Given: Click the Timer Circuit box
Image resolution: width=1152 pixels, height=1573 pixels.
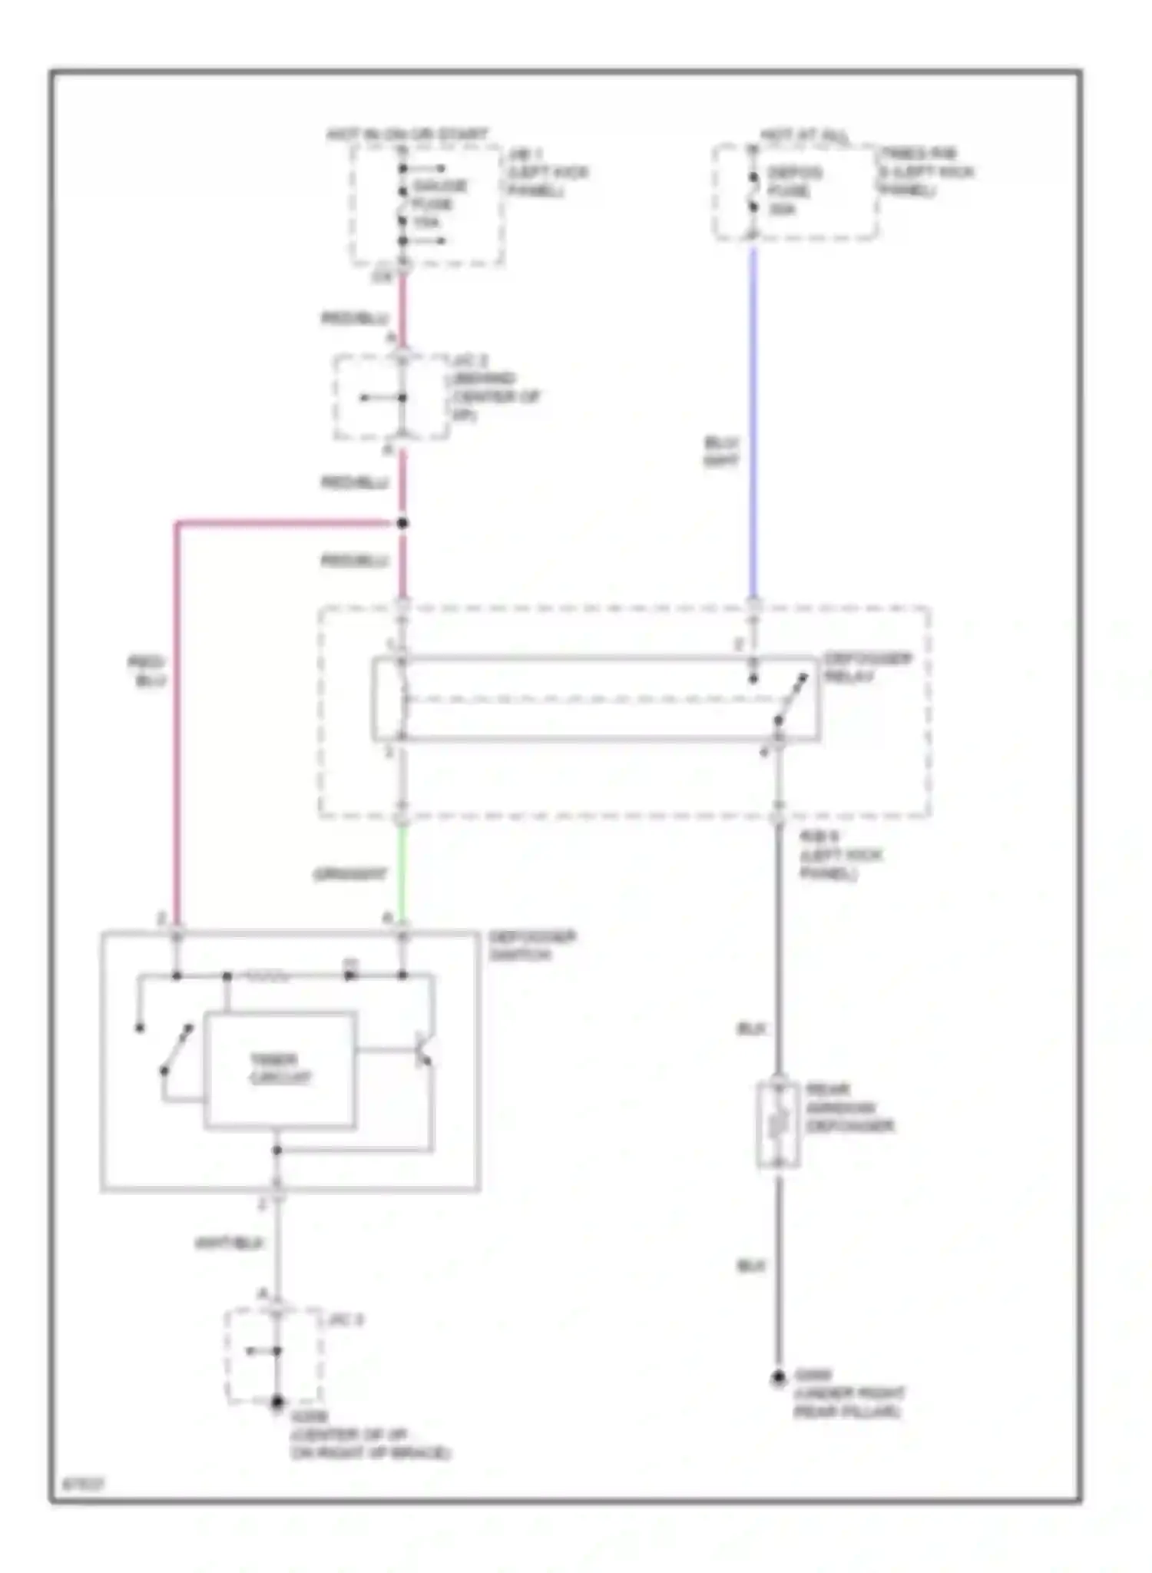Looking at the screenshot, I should click(x=280, y=1069).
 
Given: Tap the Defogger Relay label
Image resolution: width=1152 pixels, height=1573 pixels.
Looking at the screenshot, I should click(x=867, y=667).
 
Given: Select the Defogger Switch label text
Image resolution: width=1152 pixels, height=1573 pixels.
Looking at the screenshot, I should click(x=531, y=945).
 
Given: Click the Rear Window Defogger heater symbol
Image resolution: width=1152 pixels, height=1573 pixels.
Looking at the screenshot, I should click(x=777, y=1124).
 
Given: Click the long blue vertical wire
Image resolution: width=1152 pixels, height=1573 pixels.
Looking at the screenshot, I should click(x=753, y=422).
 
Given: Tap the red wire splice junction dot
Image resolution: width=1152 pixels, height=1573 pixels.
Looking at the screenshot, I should click(x=402, y=524).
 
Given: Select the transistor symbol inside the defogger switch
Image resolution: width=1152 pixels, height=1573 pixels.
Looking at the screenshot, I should click(x=423, y=1051).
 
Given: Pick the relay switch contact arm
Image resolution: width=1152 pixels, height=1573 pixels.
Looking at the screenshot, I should click(x=790, y=699).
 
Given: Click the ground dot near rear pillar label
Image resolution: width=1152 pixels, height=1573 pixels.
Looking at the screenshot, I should click(x=778, y=1378).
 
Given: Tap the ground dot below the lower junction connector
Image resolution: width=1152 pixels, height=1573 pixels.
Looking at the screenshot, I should click(x=277, y=1402).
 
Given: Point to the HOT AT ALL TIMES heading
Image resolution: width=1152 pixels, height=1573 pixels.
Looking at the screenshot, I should click(x=805, y=135).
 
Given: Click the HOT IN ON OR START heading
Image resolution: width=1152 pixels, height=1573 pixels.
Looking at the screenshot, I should click(x=407, y=134).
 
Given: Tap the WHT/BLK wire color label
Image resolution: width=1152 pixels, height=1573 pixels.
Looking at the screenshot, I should click(x=229, y=1242).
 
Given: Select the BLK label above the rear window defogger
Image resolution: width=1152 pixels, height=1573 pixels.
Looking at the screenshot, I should click(x=751, y=1028).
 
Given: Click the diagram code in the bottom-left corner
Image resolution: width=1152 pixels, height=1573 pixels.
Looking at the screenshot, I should click(x=82, y=1485).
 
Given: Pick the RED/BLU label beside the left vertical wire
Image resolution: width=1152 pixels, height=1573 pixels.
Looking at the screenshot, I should click(x=147, y=671).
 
